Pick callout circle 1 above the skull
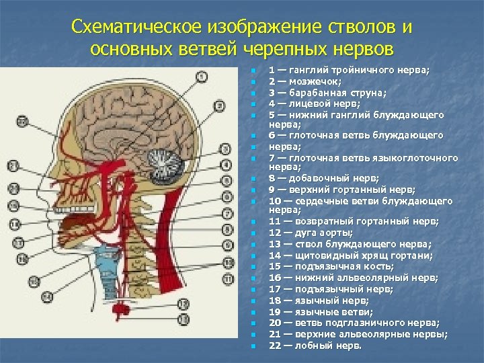click(x=202, y=78)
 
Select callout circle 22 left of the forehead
click(x=21, y=122)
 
